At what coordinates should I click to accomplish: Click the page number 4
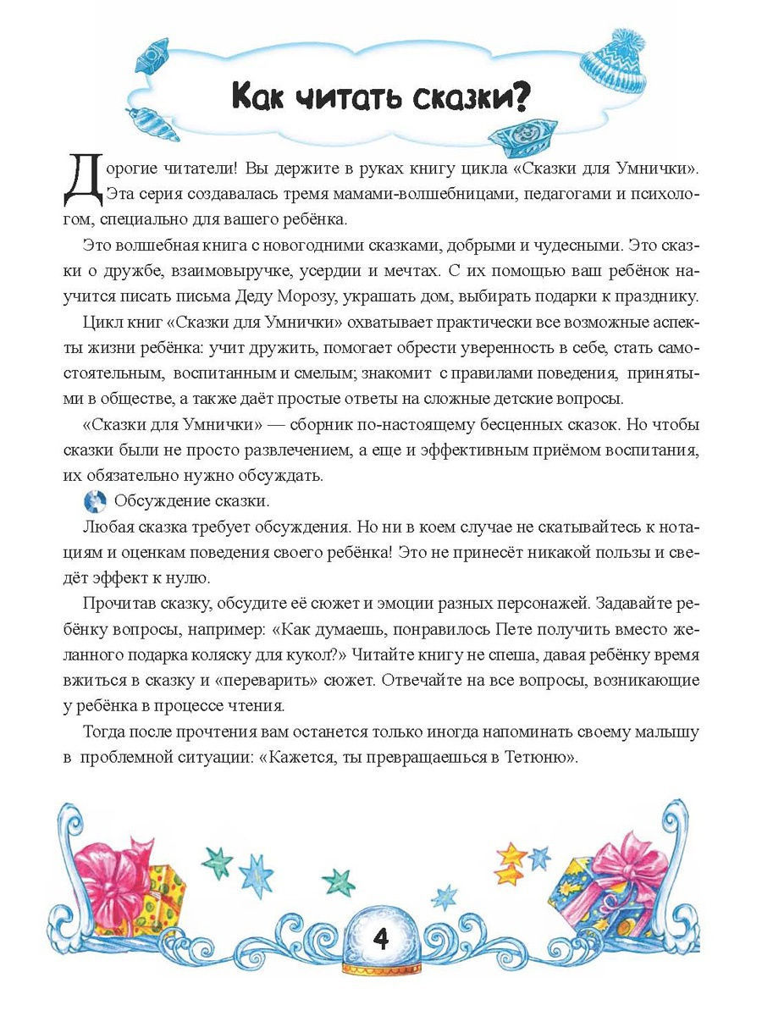381,939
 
